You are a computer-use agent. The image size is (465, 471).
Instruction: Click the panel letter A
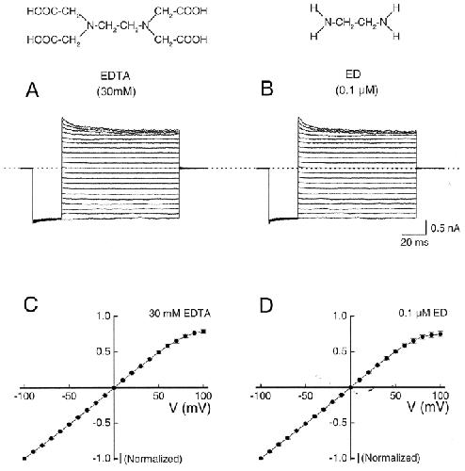click(32, 90)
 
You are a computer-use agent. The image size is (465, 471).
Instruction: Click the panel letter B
click(267, 89)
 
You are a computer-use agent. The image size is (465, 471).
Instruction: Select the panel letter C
click(31, 303)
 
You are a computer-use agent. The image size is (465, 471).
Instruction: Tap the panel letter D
click(266, 305)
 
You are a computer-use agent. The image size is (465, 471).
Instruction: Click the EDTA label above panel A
click(115, 75)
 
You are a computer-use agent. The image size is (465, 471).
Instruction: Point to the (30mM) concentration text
click(117, 91)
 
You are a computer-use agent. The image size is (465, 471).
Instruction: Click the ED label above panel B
click(353, 74)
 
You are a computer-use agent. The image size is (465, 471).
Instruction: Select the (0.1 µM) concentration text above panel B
click(357, 90)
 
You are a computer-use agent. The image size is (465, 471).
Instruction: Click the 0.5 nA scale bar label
click(445, 228)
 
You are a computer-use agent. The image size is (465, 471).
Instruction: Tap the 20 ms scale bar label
click(414, 242)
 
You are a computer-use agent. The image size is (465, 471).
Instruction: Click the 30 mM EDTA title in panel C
click(180, 314)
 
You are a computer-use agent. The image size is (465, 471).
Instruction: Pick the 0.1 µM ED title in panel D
click(423, 313)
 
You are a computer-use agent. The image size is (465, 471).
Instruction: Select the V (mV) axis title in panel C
click(190, 408)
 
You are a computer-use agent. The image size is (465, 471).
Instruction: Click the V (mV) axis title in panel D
click(428, 407)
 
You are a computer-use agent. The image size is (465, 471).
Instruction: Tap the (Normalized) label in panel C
click(153, 459)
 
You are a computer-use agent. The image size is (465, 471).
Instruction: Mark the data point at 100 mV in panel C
click(203, 332)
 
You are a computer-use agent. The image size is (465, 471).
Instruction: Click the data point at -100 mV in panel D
click(261, 458)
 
